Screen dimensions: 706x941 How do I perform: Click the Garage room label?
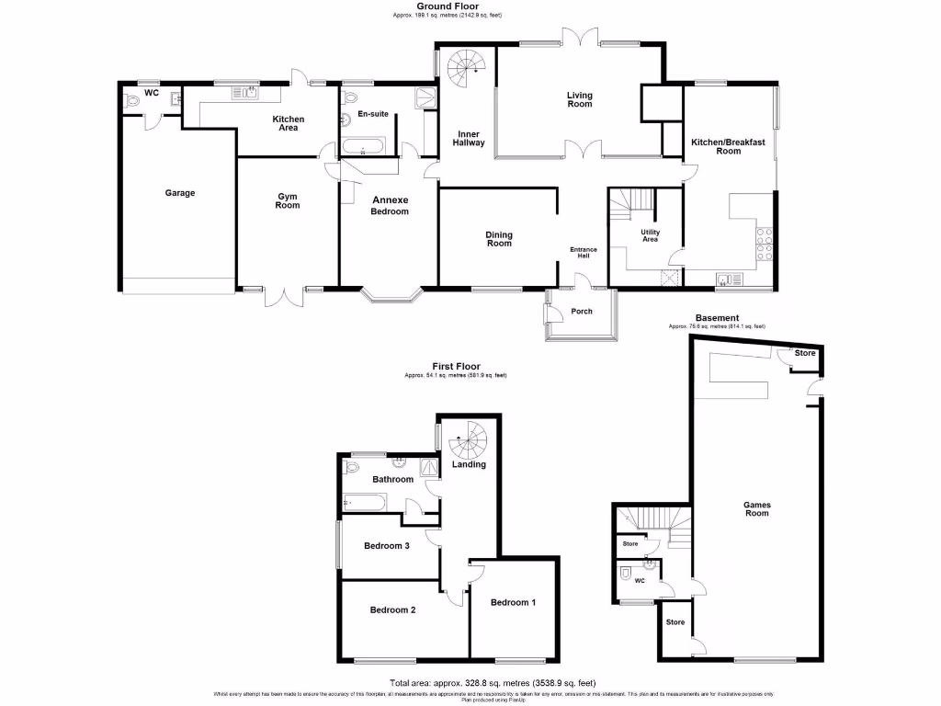coord(180,193)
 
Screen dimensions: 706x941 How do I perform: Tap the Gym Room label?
coord(288,199)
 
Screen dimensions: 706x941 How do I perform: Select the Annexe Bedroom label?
coord(390,206)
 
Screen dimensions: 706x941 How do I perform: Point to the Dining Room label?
coord(499,239)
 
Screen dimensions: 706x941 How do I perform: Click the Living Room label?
coord(579,99)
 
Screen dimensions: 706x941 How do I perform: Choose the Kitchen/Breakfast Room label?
coord(728,146)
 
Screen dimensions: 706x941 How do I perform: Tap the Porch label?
coord(582,312)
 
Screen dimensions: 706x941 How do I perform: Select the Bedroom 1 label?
coord(514,602)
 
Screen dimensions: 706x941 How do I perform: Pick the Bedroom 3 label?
coord(386,546)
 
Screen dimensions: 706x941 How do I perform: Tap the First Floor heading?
coord(455,366)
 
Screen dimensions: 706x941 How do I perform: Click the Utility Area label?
coord(650,236)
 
